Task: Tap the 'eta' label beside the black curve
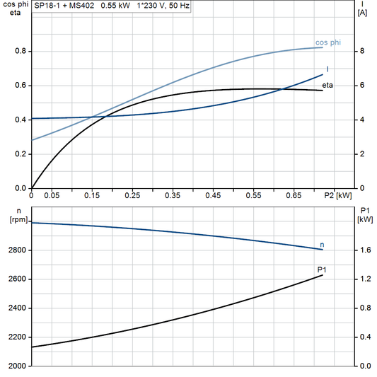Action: (x=327, y=86)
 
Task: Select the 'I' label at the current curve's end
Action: (x=327, y=69)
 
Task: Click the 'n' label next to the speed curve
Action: (x=323, y=244)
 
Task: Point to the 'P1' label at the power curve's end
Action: (x=322, y=269)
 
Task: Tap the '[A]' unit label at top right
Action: (x=362, y=13)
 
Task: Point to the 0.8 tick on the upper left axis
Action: (x=21, y=52)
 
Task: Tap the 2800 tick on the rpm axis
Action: (x=17, y=250)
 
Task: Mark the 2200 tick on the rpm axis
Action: (x=17, y=337)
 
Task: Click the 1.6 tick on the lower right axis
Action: (x=364, y=250)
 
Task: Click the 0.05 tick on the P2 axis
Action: (x=52, y=195)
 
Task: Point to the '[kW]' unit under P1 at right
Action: (x=364, y=219)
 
